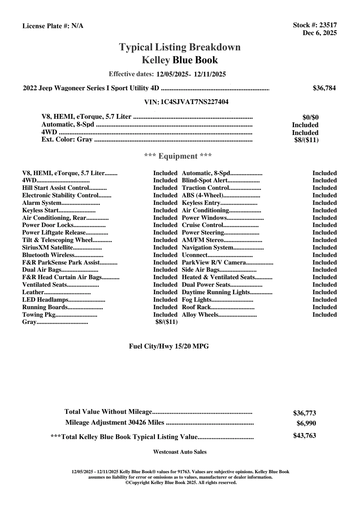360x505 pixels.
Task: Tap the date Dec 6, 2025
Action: [x=320, y=33]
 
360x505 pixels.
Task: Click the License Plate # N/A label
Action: [x=53, y=26]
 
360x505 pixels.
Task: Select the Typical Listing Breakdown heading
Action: [x=180, y=47]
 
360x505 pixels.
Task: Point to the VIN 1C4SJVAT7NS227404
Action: [x=194, y=102]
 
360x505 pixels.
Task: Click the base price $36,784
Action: [x=324, y=88]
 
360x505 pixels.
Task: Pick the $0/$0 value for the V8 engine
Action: [x=310, y=117]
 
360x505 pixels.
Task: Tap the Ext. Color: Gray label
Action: [x=67, y=139]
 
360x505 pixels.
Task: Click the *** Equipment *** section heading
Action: [x=178, y=156]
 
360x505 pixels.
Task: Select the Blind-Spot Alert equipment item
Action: [x=205, y=181]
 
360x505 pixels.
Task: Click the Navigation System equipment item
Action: [x=207, y=248]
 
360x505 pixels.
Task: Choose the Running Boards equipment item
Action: [x=45, y=307]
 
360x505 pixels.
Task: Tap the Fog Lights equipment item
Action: [x=197, y=300]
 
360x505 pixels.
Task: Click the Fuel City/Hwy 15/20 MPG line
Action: [x=169, y=346]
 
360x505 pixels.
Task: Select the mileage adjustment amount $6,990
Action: [x=306, y=423]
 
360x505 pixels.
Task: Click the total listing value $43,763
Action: [x=304, y=436]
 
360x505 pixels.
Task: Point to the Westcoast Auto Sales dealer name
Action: [x=180, y=452]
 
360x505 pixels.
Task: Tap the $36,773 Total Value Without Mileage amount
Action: [x=304, y=413]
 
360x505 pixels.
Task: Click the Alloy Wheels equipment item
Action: [x=200, y=315]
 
